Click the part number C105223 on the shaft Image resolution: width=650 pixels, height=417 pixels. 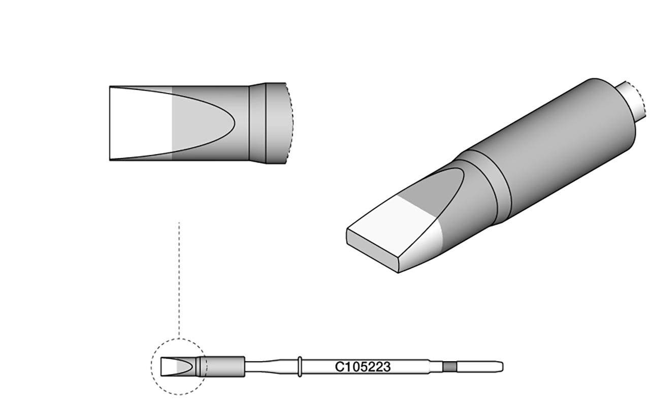pos(363,366)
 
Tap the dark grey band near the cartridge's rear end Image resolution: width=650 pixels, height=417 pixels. pos(449,366)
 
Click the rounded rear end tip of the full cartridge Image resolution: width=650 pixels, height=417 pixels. pos(501,366)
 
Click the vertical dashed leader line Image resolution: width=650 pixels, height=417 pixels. pos(179,279)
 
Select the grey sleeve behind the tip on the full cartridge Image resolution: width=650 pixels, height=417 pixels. pos(226,366)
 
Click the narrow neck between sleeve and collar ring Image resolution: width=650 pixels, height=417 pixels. pos(272,366)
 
